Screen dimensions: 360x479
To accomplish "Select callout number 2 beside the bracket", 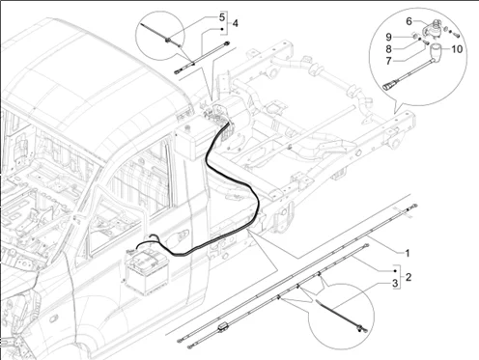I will [x=408, y=277].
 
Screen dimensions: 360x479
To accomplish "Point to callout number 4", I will [x=235, y=22].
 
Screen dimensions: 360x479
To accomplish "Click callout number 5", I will [x=221, y=17].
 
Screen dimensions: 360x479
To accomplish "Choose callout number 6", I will [x=409, y=21].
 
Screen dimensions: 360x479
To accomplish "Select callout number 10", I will [x=457, y=48].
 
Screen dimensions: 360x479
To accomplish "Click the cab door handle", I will [x=182, y=237].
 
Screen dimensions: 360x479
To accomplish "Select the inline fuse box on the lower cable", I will [x=224, y=329].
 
